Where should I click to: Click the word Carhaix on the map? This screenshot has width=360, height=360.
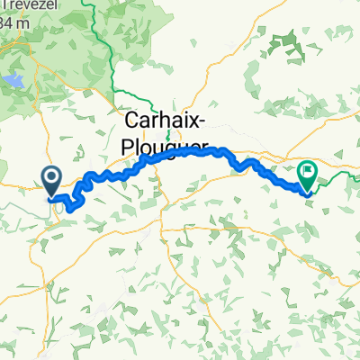(160, 123)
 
